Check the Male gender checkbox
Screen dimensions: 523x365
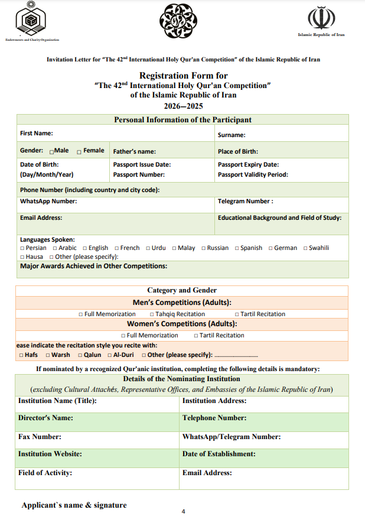(52, 151)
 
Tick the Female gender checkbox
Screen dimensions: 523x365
(79, 151)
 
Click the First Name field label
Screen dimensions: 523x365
(37, 134)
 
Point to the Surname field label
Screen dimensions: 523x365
(232, 135)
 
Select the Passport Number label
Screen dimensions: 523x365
(139, 175)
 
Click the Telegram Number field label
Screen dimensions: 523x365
(245, 202)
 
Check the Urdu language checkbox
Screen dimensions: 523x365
(148, 248)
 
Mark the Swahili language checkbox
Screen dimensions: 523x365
(305, 248)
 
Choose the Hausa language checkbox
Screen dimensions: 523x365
(22, 257)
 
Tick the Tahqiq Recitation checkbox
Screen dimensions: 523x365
(152, 314)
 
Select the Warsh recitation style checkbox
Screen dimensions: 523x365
(48, 355)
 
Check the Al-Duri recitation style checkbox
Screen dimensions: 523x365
(109, 355)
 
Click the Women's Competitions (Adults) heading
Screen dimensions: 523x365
(182, 324)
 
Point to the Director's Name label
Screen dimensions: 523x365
(45, 418)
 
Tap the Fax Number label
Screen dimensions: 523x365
(40, 437)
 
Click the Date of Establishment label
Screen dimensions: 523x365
(219, 454)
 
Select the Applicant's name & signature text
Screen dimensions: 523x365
(74, 505)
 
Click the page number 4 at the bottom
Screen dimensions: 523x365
(183, 512)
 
